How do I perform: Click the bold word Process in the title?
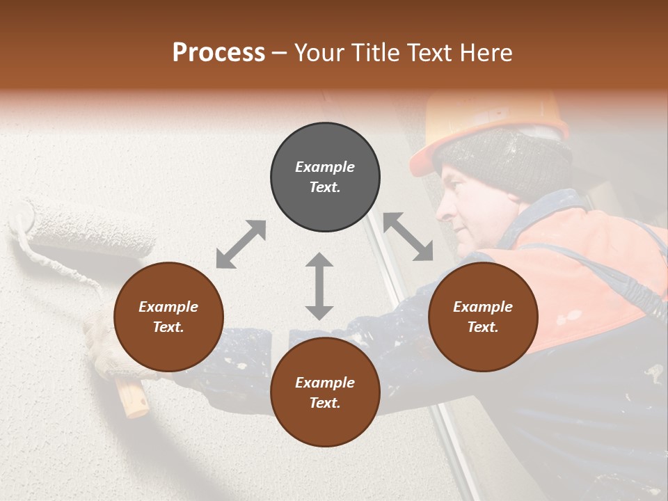tap(218, 53)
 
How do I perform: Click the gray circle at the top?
tap(325, 177)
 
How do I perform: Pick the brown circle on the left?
tap(168, 317)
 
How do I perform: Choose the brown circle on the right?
tap(483, 317)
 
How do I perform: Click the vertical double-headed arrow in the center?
tap(319, 286)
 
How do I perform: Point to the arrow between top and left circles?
tap(241, 244)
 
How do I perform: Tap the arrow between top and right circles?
tap(408, 237)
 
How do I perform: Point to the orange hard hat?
tap(487, 118)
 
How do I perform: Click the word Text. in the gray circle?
tap(325, 188)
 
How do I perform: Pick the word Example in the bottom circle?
tap(325, 383)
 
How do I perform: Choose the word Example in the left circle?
tap(168, 307)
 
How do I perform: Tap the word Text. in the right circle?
tap(483, 327)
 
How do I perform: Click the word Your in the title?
tap(319, 53)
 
